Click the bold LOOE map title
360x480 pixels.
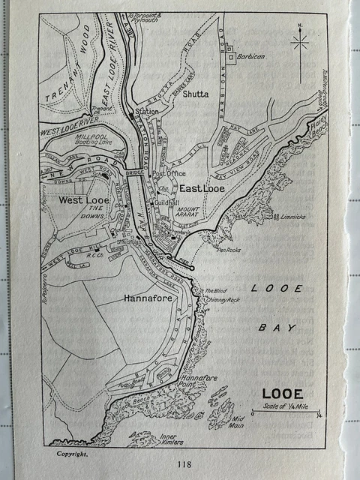tap(283, 393)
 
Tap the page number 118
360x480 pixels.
tap(184, 464)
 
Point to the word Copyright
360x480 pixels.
tap(73, 453)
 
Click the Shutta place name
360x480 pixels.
tap(193, 94)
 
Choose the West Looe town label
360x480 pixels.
tap(86, 200)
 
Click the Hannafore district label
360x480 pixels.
tap(145, 298)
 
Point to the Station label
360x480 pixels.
tap(147, 112)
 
